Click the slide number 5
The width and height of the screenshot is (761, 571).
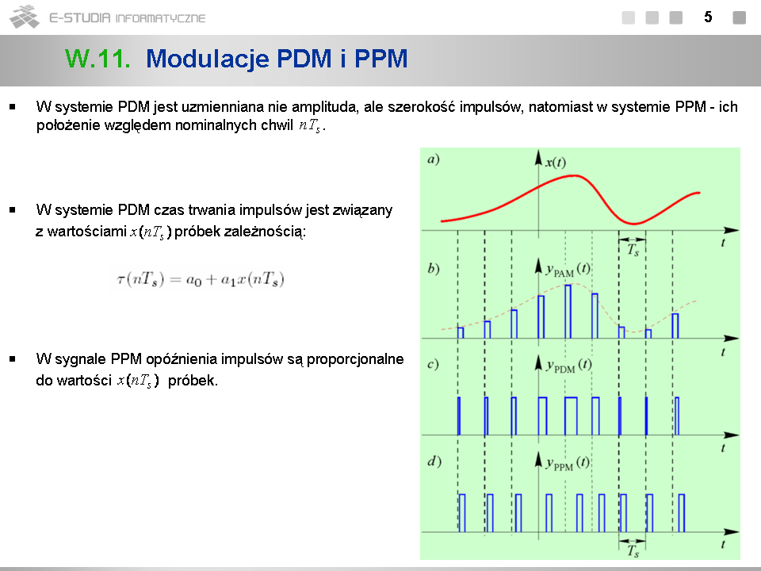point(708,17)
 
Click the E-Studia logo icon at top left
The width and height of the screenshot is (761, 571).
point(25,17)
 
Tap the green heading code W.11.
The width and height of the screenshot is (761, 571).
point(98,59)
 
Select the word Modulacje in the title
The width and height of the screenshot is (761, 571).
point(208,59)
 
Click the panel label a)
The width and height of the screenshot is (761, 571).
point(434,159)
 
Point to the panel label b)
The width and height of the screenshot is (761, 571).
point(434,269)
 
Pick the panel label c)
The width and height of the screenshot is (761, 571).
point(433,364)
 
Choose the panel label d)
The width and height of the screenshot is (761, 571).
point(434,462)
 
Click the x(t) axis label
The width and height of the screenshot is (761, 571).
point(556,162)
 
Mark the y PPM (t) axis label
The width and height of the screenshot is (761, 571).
point(568,462)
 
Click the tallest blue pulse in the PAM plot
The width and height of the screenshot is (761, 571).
point(568,311)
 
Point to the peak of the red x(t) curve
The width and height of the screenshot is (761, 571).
point(574,175)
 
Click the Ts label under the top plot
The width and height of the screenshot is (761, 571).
point(633,250)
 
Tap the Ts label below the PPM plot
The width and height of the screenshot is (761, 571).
point(633,551)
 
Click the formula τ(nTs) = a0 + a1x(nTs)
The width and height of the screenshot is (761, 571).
point(201,279)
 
